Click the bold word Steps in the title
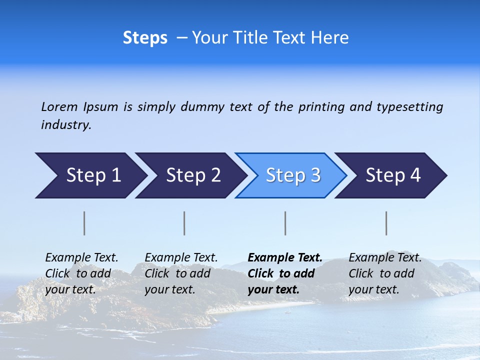(145, 38)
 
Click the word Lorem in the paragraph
(59, 106)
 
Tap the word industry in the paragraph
(66, 124)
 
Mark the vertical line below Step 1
(84, 223)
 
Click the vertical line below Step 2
(184, 223)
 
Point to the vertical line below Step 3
(285, 223)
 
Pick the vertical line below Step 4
(386, 223)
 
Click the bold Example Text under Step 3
(285, 258)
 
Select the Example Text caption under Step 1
(81, 258)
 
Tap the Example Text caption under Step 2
(181, 258)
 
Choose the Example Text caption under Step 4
(385, 258)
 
